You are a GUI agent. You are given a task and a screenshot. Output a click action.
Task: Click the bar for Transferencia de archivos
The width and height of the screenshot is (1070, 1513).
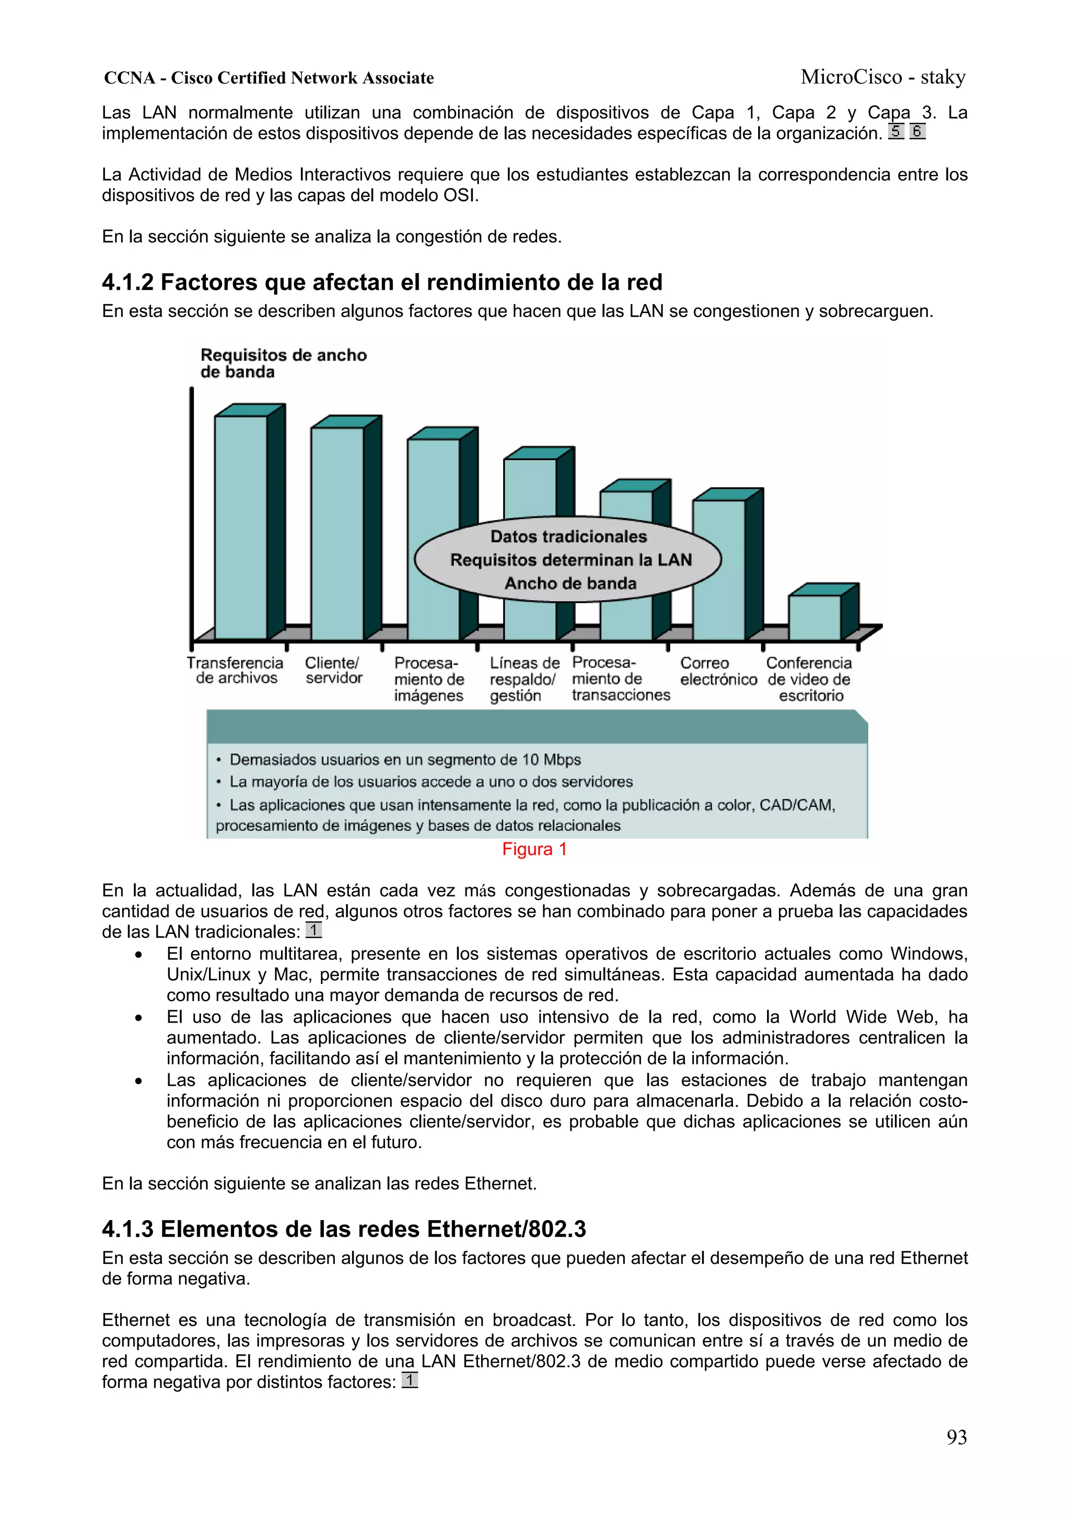241,527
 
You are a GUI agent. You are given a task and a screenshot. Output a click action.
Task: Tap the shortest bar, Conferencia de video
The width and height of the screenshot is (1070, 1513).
815,617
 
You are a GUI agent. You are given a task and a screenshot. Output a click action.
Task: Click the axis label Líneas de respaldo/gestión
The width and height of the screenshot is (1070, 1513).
524,679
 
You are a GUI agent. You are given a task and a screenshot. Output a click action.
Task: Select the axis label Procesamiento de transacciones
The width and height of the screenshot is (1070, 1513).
620,679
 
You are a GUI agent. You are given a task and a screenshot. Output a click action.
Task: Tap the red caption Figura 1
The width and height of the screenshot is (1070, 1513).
534,849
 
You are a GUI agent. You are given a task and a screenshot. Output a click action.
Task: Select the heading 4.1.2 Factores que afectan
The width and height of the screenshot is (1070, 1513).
382,282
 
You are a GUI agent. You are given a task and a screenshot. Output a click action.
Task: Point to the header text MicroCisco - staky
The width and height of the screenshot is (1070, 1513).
883,77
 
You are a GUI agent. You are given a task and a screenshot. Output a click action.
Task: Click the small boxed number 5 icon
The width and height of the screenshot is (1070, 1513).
895,131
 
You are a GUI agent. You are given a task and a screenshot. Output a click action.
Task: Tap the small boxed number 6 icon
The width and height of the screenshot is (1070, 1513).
917,131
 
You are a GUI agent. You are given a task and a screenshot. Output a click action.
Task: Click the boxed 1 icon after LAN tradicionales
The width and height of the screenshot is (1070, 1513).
314,930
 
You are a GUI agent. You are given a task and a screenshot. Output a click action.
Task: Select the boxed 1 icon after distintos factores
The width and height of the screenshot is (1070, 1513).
410,1380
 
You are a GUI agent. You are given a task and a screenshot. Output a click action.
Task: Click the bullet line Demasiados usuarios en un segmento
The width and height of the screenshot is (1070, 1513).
404,760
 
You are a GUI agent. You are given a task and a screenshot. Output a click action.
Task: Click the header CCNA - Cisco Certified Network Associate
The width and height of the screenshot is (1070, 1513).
269,78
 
